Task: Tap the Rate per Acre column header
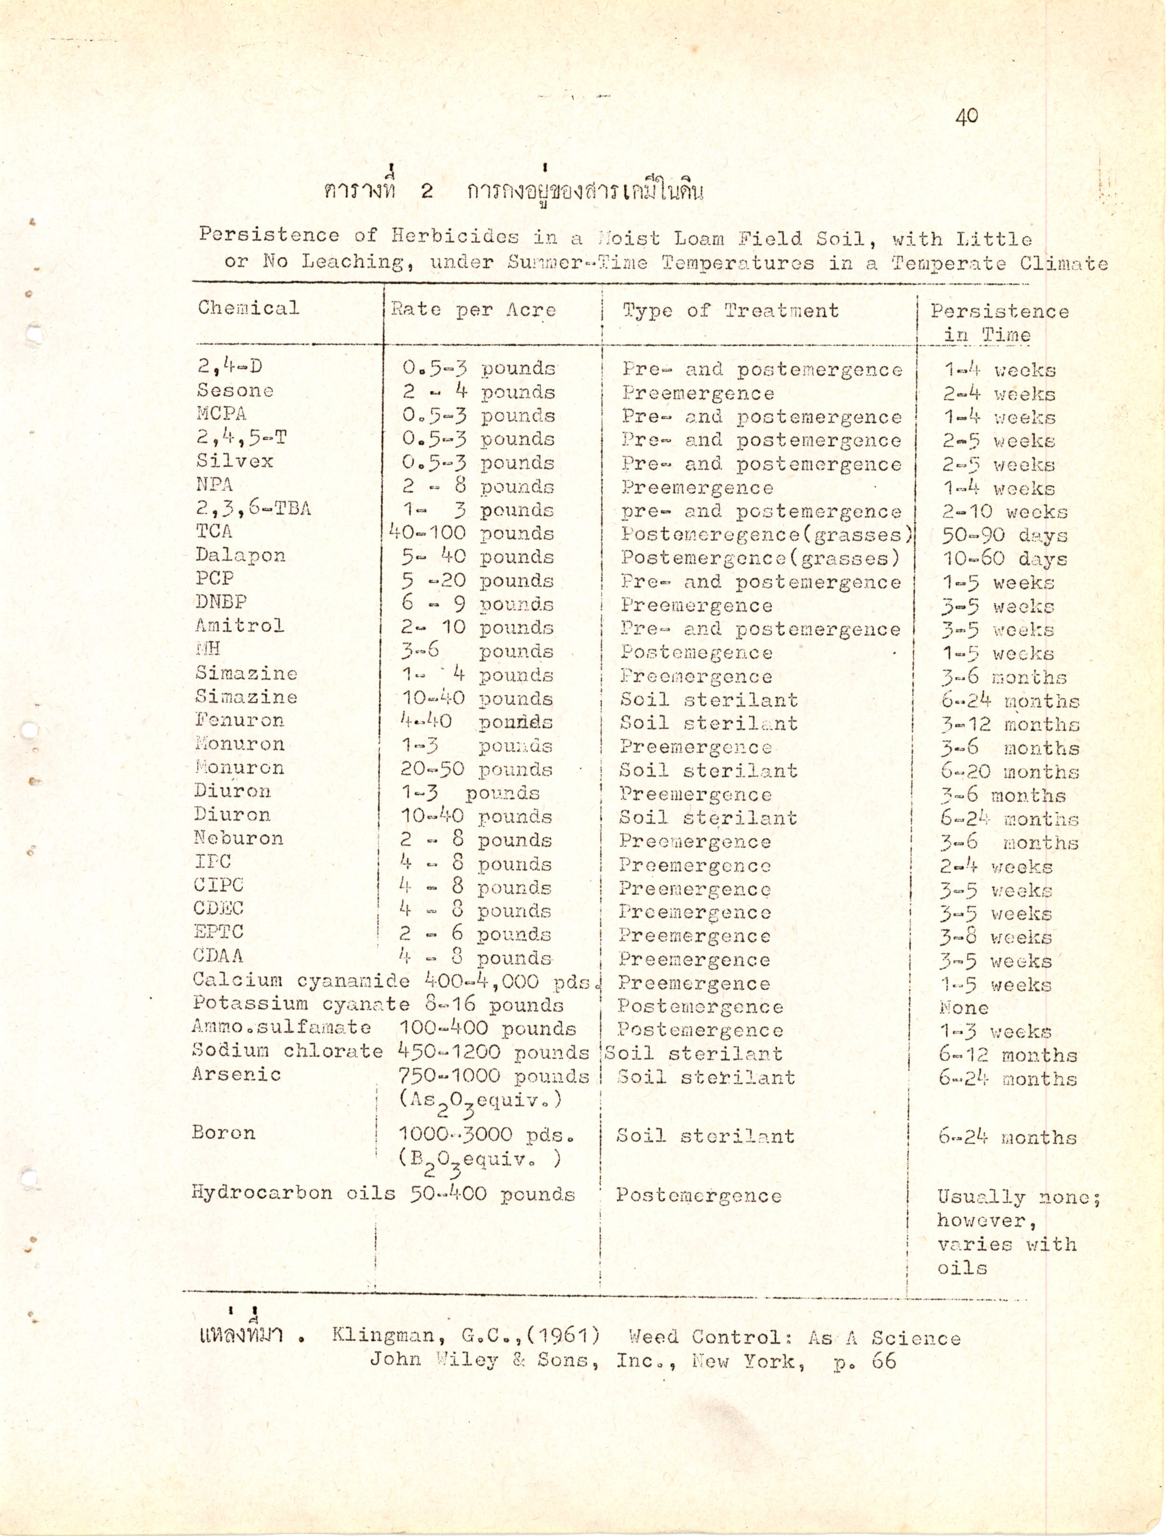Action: tap(473, 310)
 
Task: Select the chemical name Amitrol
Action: tap(240, 626)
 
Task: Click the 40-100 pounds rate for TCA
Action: tap(471, 534)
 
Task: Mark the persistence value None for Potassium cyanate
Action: tap(963, 1007)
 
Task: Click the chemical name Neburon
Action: tap(238, 838)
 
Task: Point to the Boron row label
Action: tap(224, 1133)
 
